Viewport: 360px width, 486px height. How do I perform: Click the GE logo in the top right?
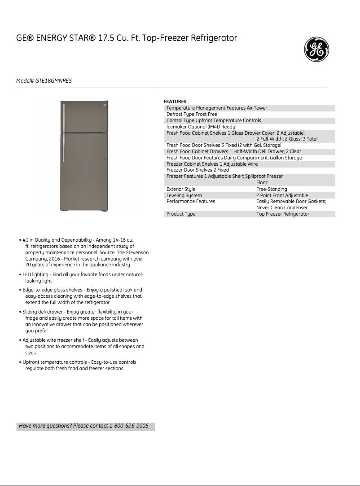pos(317,49)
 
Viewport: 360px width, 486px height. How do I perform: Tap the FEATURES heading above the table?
pos(175,102)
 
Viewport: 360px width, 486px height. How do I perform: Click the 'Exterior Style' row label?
pos(180,190)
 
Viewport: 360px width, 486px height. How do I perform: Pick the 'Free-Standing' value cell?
pos(271,190)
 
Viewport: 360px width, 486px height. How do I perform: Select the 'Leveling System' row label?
pos(184,196)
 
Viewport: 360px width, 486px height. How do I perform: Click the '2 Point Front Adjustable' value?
pos(282,196)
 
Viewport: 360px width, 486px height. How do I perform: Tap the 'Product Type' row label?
pos(181,214)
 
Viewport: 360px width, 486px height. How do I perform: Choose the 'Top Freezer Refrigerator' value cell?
pos(283,214)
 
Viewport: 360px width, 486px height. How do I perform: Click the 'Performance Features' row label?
pos(191,202)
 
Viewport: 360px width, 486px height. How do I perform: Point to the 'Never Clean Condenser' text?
pos(282,208)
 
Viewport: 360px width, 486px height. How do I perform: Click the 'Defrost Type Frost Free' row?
pos(192,115)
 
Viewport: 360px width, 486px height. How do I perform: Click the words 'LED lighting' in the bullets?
pos(35,274)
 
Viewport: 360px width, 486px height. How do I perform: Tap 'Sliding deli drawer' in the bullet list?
pos(43,312)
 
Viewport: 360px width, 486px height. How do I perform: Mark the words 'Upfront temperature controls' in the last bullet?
pos(53,362)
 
